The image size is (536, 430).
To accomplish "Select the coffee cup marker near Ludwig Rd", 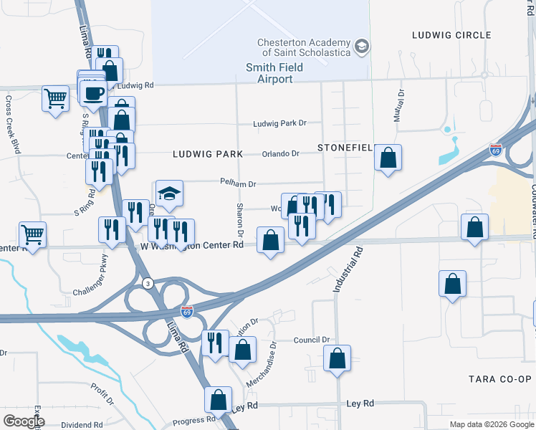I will (92, 92).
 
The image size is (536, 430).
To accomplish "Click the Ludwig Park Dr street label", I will (279, 123).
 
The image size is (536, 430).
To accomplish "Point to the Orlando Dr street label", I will (280, 153).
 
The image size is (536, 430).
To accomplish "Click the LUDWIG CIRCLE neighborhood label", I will (451, 34).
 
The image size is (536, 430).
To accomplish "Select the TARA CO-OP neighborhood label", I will (502, 378).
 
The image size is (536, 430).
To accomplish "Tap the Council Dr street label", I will (312, 340).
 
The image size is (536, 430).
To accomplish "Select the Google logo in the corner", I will (23, 421).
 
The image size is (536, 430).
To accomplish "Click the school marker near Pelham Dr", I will (169, 193).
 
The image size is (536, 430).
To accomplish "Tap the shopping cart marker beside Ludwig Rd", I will (55, 98).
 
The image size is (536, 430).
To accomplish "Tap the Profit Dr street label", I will (102, 393).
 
